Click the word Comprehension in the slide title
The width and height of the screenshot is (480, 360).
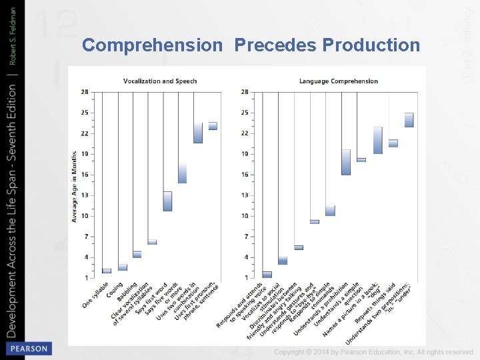click(x=152, y=45)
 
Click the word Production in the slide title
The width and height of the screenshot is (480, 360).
click(x=371, y=45)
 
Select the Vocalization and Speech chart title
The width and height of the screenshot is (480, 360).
click(x=160, y=81)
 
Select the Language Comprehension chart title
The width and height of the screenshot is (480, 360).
click(x=338, y=81)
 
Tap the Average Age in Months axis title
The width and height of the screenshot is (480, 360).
click(x=75, y=187)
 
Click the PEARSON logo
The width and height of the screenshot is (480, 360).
click(x=27, y=349)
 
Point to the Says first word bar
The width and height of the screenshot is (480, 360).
click(x=152, y=242)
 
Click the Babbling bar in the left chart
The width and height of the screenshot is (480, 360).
click(x=137, y=254)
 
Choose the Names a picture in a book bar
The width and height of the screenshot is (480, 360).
click(x=377, y=140)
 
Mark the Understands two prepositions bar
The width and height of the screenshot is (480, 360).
click(x=409, y=120)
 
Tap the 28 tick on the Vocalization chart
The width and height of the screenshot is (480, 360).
click(x=85, y=92)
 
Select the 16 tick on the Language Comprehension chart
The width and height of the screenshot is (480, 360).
click(x=245, y=175)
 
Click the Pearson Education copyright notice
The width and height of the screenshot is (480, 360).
click(x=374, y=351)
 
